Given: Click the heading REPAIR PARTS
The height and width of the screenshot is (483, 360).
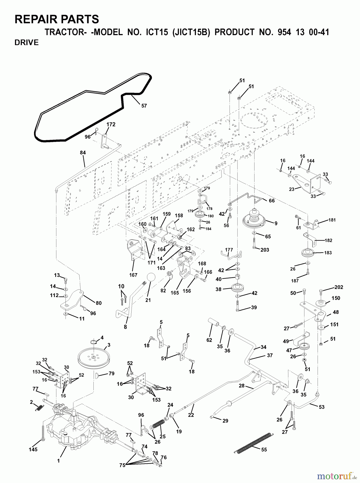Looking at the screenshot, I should pos(57,20).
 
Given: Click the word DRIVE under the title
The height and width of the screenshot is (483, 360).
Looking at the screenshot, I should pos(27,43).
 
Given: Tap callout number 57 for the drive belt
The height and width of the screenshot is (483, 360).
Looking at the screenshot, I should pos(144,106).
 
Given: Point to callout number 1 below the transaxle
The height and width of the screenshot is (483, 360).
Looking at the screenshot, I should pos(59,461).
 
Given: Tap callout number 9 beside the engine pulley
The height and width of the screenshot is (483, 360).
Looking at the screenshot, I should pos(275,223).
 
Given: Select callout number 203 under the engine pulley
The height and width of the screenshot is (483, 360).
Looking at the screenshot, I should pos(264,250).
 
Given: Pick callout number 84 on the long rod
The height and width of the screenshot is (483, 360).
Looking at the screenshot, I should pos(83,153).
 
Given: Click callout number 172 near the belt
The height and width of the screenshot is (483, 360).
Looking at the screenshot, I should pos(111,125).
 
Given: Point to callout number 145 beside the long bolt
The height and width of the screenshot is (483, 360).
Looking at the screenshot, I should pos(33,449).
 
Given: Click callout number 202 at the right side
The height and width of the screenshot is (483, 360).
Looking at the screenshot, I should pos(339,287).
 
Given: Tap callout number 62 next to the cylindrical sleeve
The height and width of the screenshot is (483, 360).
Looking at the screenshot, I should pos(209,340).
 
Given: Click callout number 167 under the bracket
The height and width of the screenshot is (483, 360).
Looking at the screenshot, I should pos(133,275).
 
